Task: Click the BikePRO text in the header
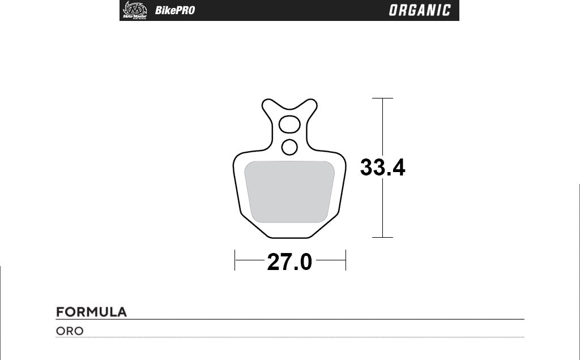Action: [175, 11]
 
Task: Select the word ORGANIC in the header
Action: [420, 11]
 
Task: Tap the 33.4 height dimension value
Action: [383, 168]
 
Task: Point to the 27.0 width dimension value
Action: [289, 262]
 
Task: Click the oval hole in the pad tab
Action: [290, 123]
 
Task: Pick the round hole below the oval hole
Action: [289, 147]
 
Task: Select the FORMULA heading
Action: [91, 312]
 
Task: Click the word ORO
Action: [70, 331]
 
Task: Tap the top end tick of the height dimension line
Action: [383, 98]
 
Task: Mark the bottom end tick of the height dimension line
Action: [383, 237]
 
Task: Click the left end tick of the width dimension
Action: [235, 260]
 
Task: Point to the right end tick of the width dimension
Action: [346, 260]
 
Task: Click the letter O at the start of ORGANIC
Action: [394, 11]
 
